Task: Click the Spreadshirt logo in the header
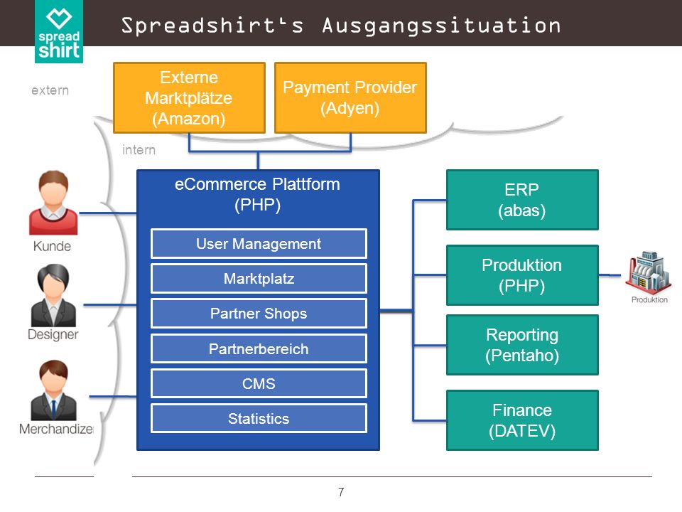pos(59,31)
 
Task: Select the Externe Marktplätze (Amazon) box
pos(189,98)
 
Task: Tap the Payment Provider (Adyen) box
pos(350,98)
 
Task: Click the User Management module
pos(259,244)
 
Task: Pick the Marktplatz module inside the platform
pos(259,279)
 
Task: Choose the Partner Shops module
pos(259,314)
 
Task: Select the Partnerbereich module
pos(259,348)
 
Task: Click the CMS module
pos(259,383)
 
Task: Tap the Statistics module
pos(259,418)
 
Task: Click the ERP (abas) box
pos(522,200)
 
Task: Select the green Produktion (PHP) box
pos(522,275)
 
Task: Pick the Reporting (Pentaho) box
pos(522,345)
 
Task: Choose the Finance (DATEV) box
pos(522,420)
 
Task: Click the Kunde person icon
pos(53,203)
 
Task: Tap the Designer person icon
pos(53,295)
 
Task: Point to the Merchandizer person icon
pos(53,390)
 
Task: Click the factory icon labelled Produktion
pos(649,272)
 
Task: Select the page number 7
pos(341,492)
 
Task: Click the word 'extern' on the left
pos(50,90)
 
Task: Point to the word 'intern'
pos(139,150)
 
